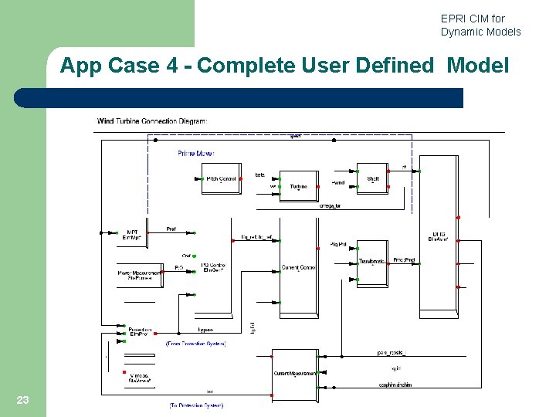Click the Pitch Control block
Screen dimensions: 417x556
coord(220,179)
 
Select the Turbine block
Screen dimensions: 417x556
coord(298,186)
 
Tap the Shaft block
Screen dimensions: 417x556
coord(373,179)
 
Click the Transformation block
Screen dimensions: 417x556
coord(372,263)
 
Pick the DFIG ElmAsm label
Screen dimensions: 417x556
coord(437,237)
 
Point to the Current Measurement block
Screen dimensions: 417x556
coord(295,373)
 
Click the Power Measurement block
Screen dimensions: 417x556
coord(139,275)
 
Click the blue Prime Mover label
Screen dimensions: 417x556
coord(195,154)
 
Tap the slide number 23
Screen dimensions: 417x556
coord(22,399)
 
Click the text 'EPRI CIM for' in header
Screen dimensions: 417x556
coord(473,19)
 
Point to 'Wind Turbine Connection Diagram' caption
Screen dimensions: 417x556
coord(152,120)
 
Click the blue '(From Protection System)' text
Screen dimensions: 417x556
coord(196,343)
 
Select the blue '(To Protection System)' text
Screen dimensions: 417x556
coord(196,405)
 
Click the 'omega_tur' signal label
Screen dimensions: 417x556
coord(330,206)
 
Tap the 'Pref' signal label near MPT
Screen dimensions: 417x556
coord(171,229)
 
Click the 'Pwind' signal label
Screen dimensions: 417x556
coord(338,183)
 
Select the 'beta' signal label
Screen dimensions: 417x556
coord(259,175)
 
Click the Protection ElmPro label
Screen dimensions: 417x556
coord(140,331)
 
